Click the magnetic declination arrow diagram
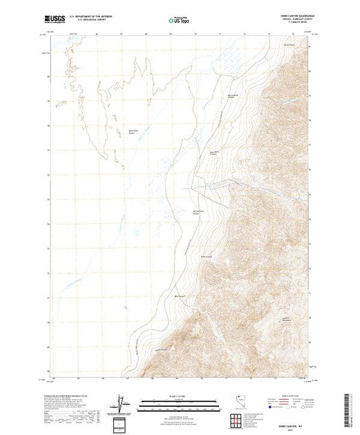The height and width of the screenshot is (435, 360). point(121,402)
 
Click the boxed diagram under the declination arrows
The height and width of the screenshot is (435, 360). point(121,423)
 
